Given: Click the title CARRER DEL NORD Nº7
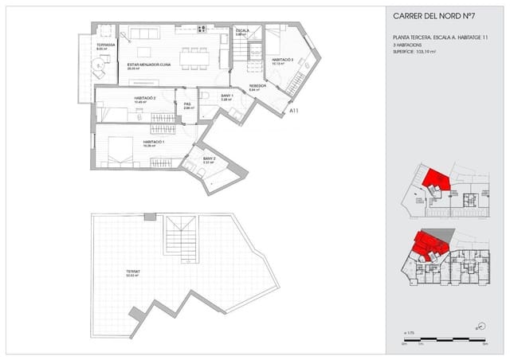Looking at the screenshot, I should coord(435,15).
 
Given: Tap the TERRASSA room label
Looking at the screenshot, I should coord(106,45).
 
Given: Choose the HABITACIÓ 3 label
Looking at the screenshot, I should coord(282,60).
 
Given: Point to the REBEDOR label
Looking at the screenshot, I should coord(257,86).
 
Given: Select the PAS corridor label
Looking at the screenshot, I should coord(187,104).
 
